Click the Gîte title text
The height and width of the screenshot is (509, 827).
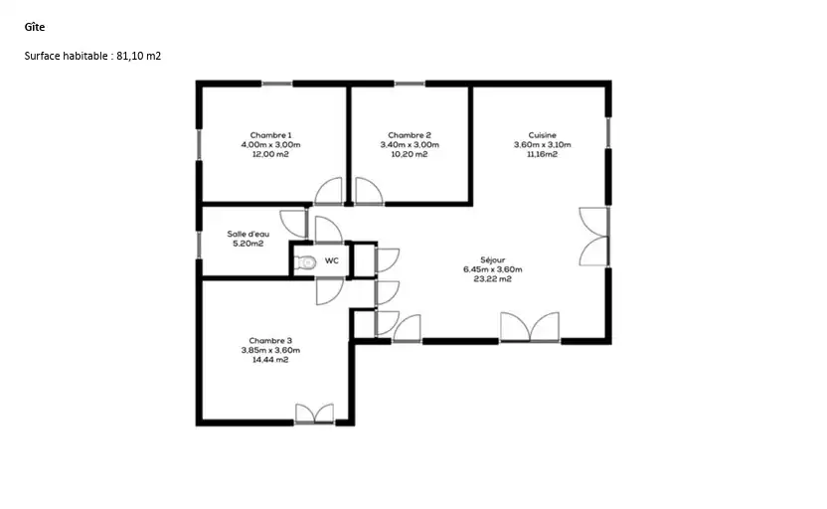click(x=34, y=27)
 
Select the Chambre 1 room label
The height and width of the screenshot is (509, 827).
click(x=270, y=135)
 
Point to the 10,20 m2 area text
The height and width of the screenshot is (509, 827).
click(x=410, y=154)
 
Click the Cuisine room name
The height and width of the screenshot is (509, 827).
click(x=542, y=135)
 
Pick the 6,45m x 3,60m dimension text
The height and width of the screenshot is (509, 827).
click(x=493, y=269)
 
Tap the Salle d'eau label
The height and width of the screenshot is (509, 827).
click(x=248, y=234)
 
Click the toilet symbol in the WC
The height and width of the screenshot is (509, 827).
click(x=305, y=261)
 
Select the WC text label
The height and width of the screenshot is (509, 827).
click(x=332, y=261)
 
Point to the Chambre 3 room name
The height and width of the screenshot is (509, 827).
click(x=270, y=341)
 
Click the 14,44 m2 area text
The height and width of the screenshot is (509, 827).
click(x=270, y=360)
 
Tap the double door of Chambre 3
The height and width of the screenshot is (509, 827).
click(x=314, y=414)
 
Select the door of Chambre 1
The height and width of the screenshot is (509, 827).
click(x=328, y=191)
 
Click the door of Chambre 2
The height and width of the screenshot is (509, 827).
click(x=369, y=191)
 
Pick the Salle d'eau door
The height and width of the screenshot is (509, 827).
click(x=293, y=224)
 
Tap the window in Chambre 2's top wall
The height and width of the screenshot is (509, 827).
click(x=410, y=84)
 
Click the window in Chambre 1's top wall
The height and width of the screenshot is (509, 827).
click(x=277, y=84)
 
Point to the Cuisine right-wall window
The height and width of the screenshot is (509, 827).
click(x=608, y=132)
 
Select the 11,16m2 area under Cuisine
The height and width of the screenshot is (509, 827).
click(x=542, y=154)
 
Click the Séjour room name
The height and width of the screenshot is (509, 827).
click(x=493, y=260)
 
